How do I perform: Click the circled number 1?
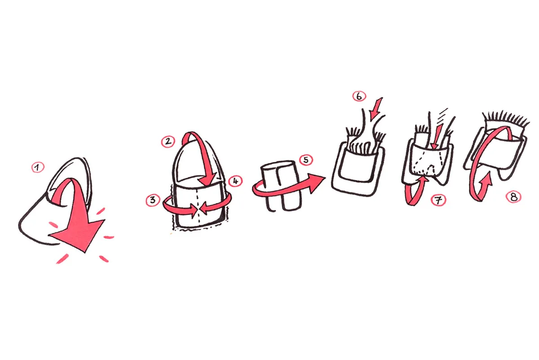pos(38,168)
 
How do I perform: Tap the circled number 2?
pos(168,142)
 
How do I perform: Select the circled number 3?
pos(153,200)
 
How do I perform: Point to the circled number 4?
pos(235,181)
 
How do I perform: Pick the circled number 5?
pos(306,160)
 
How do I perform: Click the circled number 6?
pos(359,96)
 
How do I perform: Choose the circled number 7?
pos(438,200)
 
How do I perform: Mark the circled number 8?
pos(513,197)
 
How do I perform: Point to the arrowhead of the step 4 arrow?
pos(203,209)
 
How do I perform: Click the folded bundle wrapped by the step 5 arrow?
pos(281,186)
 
